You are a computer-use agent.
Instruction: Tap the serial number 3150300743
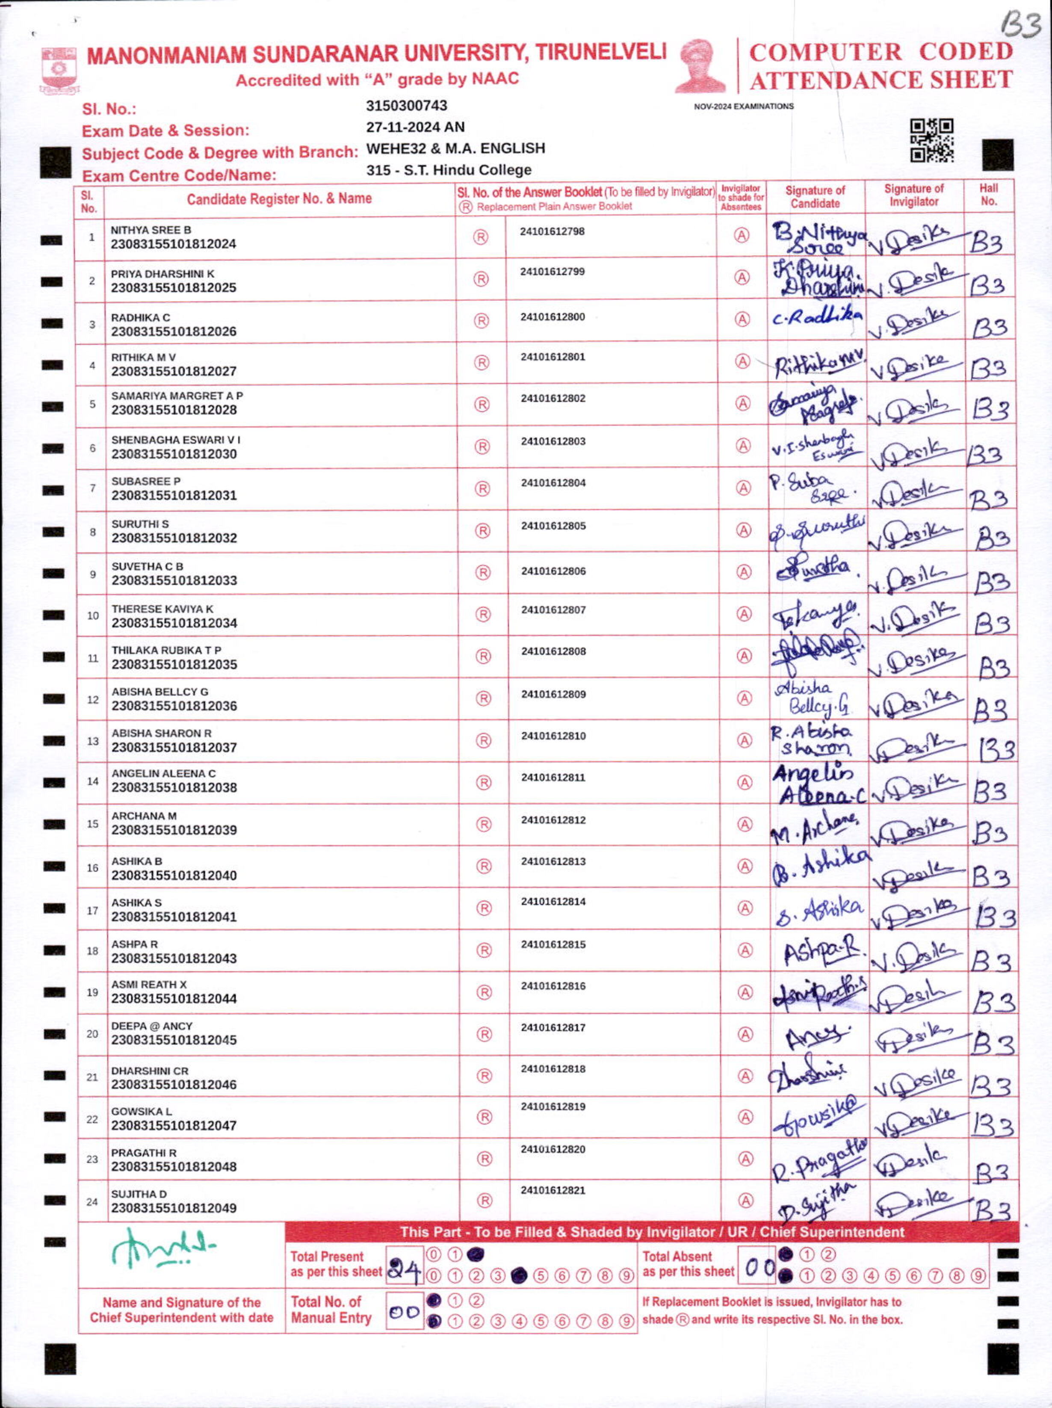(407, 106)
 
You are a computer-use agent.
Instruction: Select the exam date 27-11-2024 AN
(415, 127)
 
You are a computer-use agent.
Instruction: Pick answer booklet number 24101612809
(553, 694)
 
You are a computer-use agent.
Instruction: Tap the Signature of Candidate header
(815, 197)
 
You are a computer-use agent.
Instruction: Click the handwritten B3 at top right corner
(1021, 26)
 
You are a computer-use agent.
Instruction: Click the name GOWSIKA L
(141, 1111)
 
